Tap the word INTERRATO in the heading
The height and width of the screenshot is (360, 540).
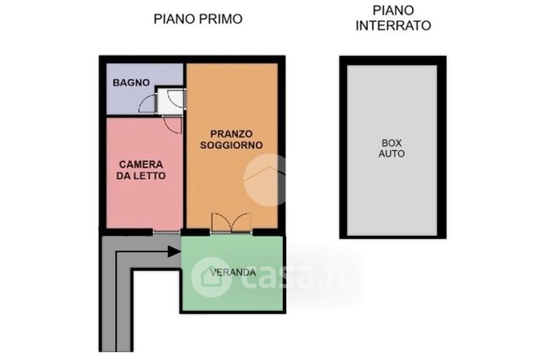(393, 26)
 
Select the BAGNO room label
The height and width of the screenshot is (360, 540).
(131, 82)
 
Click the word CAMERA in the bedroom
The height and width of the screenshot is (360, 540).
(141, 164)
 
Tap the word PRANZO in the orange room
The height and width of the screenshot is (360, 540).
(232, 134)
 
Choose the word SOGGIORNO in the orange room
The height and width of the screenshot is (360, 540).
(232, 145)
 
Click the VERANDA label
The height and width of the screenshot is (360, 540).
(233, 272)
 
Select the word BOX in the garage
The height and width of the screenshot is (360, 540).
(391, 143)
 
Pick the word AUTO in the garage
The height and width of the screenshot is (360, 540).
(391, 153)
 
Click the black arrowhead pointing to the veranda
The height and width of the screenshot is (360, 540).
(174, 251)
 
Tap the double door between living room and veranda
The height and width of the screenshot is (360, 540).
(231, 223)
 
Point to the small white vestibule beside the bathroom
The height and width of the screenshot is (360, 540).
(170, 101)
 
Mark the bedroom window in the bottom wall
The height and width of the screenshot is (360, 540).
(167, 232)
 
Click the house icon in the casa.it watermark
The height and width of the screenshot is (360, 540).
(211, 277)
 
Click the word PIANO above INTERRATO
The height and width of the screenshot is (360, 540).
(393, 10)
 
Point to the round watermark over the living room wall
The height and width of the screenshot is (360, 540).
(266, 180)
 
